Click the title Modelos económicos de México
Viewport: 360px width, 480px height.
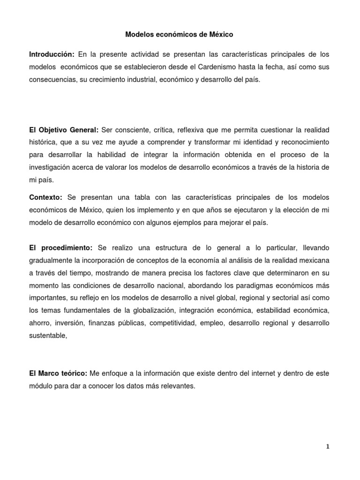click(180, 35)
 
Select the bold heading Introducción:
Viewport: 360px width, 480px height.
click(52, 54)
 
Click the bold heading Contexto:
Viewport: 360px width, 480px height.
click(45, 197)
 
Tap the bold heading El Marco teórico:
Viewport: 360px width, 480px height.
click(58, 374)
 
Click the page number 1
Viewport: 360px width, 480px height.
click(328, 447)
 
